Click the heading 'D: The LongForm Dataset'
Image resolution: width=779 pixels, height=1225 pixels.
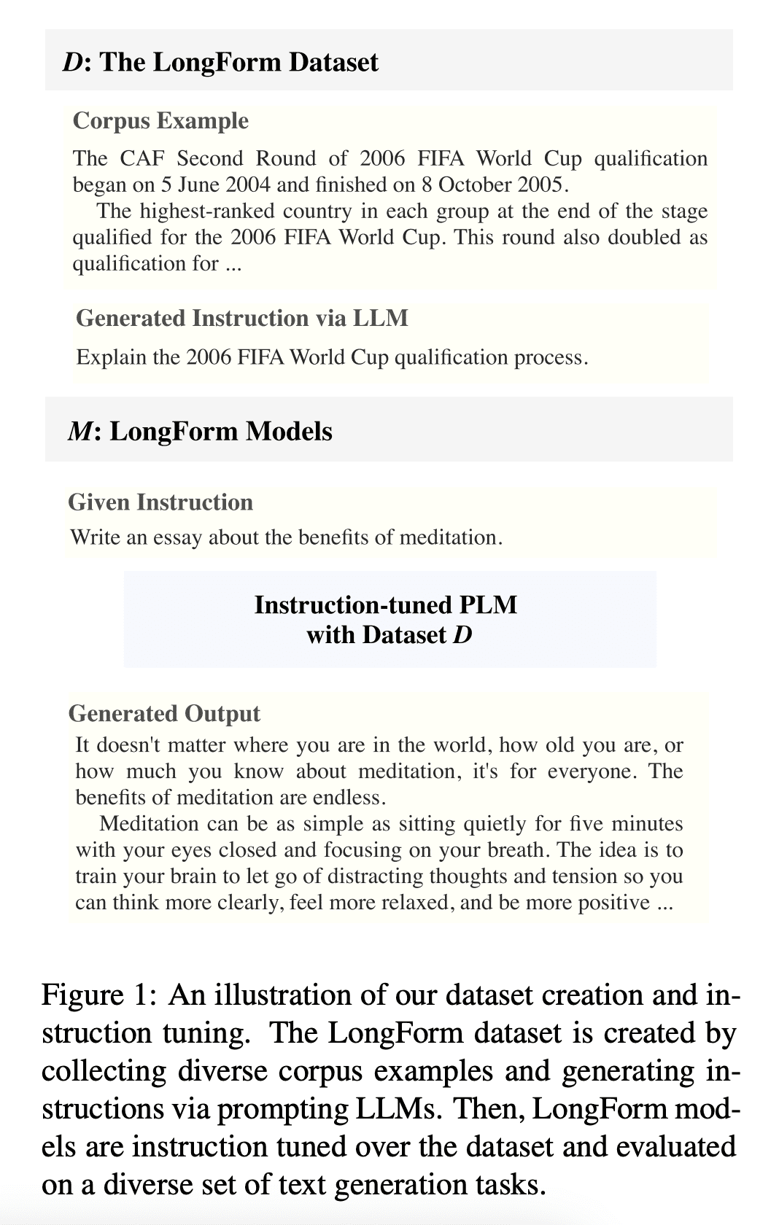click(x=221, y=62)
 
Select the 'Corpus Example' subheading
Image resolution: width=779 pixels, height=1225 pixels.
click(x=160, y=120)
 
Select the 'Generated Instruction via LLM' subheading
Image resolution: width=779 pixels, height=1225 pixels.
click(x=242, y=318)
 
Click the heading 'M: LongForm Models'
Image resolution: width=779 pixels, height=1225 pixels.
click(x=200, y=431)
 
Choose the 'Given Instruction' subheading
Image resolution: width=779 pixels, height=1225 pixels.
click(x=160, y=502)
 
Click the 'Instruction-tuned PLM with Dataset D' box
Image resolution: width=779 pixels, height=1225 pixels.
click(x=389, y=619)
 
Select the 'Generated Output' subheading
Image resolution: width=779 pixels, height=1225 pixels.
click(x=164, y=713)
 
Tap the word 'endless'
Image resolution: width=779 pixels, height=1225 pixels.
click(x=349, y=797)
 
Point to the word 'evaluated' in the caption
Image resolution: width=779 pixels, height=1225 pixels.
click(x=676, y=1147)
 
